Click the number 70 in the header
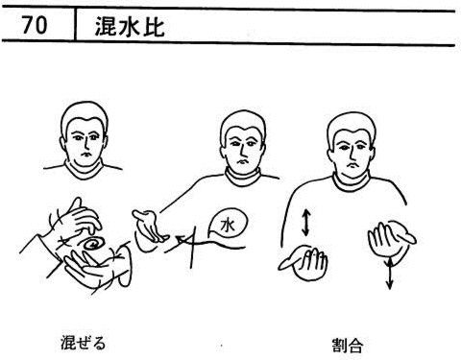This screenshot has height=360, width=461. tap(35, 25)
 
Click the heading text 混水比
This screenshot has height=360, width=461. tap(130, 26)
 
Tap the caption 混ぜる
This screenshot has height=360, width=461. tap(83, 343)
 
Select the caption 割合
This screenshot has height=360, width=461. tap(347, 345)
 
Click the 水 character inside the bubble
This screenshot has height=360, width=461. tap(228, 226)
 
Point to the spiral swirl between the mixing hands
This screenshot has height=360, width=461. tap(91, 245)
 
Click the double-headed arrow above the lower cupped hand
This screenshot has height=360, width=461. tap(305, 223)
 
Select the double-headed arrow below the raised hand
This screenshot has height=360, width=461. tap(389, 274)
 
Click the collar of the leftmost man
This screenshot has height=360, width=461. tap(84, 170)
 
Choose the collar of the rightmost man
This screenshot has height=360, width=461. tap(351, 181)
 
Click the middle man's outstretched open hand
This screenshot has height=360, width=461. tap(150, 226)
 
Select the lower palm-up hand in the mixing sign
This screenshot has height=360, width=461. tap(96, 266)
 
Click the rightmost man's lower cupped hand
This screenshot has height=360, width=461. tap(304, 263)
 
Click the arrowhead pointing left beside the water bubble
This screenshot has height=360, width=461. tap(180, 239)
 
